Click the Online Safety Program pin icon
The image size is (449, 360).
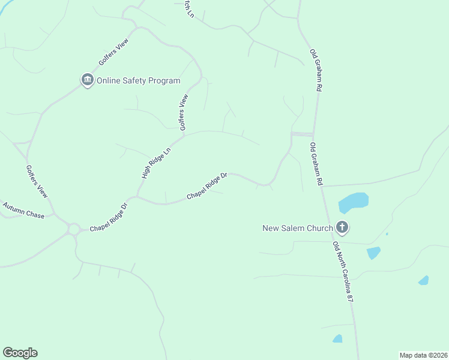[88, 80]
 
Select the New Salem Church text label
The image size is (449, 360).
[298, 227]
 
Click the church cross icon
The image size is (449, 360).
[342, 227]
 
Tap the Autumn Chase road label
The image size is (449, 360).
[23, 211]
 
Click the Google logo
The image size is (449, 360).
[20, 353]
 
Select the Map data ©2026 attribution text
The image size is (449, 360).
[423, 355]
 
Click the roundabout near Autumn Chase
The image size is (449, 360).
[74, 229]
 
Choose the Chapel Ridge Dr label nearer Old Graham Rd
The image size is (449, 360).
[207, 187]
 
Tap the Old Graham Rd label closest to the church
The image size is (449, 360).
[316, 163]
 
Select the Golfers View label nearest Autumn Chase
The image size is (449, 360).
[37, 182]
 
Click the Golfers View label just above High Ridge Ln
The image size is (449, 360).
[184, 112]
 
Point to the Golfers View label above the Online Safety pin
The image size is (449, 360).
[114, 55]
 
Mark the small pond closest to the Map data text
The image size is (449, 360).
[337, 338]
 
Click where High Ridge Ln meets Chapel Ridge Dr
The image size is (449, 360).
[137, 196]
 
